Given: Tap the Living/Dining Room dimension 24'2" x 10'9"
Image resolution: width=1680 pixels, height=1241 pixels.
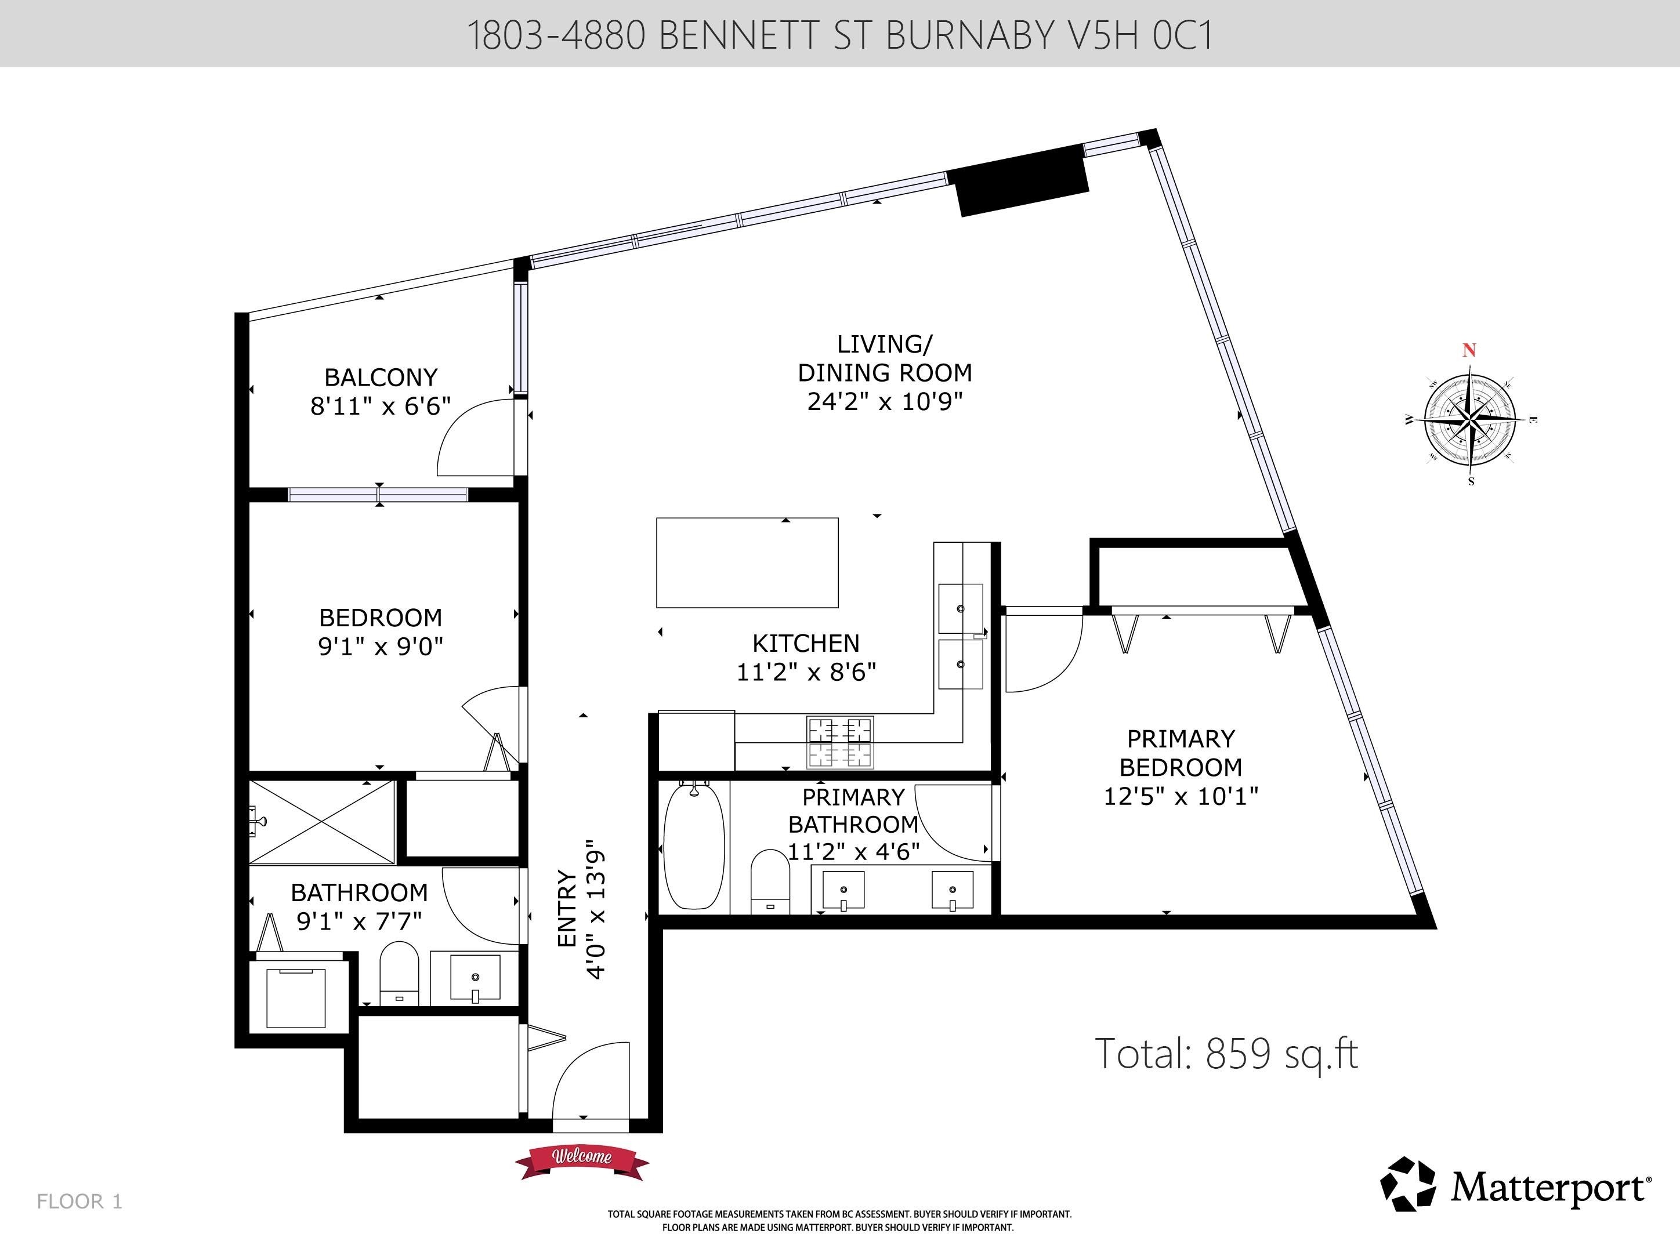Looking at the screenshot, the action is [885, 402].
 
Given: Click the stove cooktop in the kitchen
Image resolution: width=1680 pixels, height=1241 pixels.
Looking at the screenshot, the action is [840, 742].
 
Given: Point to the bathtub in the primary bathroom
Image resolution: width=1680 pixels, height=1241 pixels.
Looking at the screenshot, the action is [695, 845].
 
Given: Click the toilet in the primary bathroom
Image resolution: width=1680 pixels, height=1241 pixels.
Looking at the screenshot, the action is [770, 881].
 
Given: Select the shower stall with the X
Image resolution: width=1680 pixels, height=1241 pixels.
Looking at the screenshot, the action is [321, 822].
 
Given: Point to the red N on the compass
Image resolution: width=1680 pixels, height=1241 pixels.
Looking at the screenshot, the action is [1469, 350].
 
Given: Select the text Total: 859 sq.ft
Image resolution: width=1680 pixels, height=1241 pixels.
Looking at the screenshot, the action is [1226, 1053].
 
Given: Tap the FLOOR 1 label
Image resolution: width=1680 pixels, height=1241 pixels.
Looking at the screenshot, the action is [79, 1201].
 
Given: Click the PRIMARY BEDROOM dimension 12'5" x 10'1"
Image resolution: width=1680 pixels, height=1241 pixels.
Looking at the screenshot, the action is [1181, 796].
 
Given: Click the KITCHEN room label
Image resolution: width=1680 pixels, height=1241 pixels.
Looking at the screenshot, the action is [806, 643].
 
